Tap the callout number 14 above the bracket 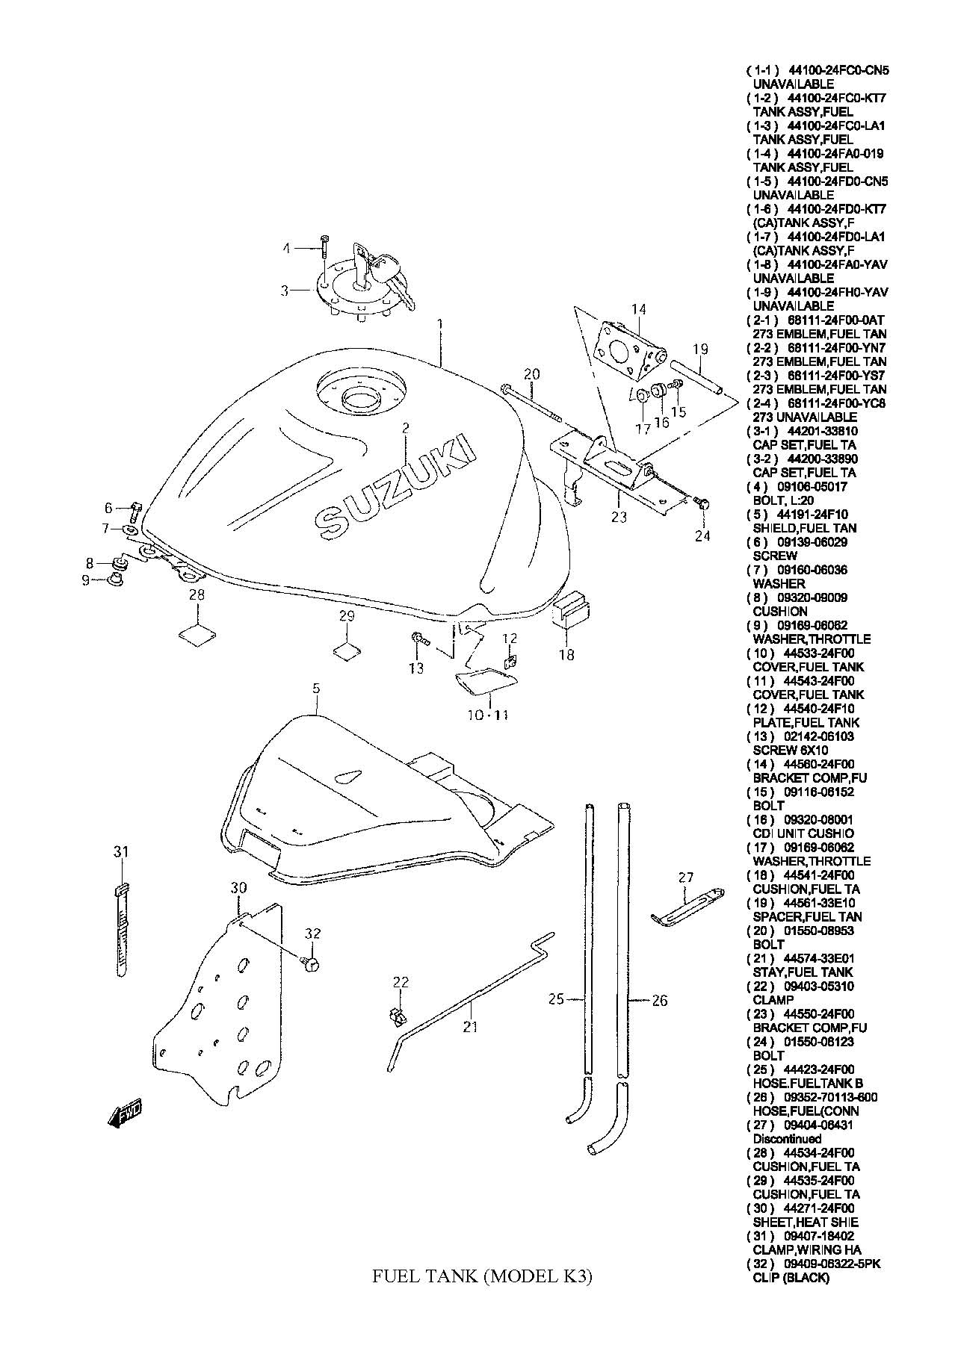pos(638,309)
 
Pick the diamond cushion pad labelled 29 pos(346,650)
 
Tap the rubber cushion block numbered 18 pos(572,609)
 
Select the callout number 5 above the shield pos(316,688)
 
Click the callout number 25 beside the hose pos(556,999)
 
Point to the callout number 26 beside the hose pos(659,1001)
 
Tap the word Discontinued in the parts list pos(787,1139)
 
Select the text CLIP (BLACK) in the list pos(791,1278)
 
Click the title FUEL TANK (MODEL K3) pos(482,1277)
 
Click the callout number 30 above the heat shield pos(238,888)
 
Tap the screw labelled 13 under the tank pos(418,639)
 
